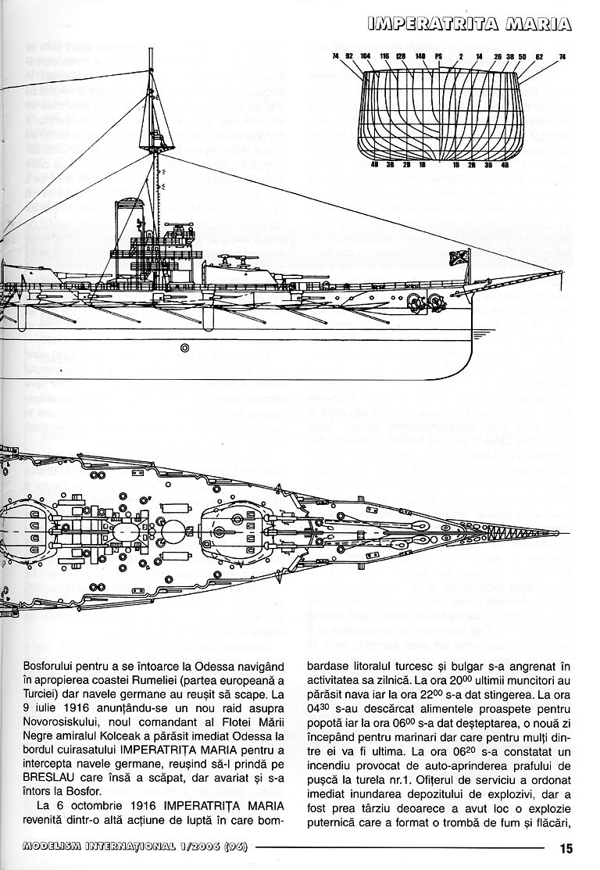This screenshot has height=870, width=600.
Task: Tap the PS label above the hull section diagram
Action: click(439, 56)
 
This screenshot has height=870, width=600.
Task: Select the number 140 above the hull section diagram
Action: click(420, 56)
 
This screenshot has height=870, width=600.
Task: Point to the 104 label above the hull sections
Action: click(366, 56)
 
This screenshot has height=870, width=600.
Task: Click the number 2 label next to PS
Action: click(461, 56)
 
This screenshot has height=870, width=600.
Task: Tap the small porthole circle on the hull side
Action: click(184, 346)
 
